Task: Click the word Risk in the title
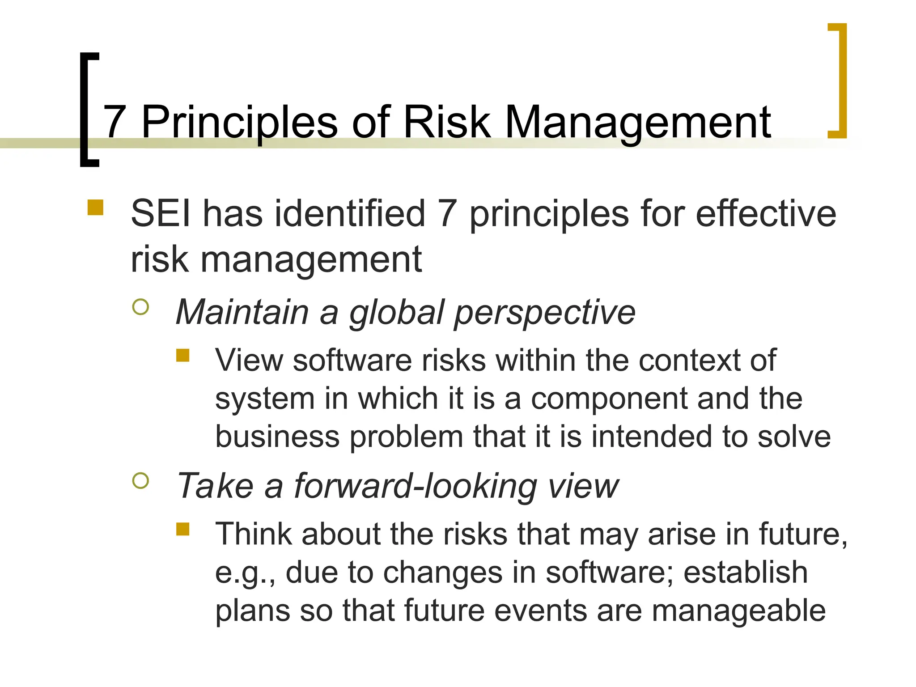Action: pos(447,122)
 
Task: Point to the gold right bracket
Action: pos(838,81)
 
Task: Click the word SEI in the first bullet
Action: pos(161,214)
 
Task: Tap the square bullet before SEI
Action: pos(95,208)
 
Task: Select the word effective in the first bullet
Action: pos(766,214)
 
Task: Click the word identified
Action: pos(350,214)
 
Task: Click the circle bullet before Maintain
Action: pos(140,307)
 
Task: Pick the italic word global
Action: pos(396,312)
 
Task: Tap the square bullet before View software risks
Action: pos(183,355)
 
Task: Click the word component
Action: pos(609,399)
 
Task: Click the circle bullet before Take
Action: pos(140,481)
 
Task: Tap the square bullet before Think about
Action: pos(183,529)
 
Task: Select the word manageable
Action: pos(738,611)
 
